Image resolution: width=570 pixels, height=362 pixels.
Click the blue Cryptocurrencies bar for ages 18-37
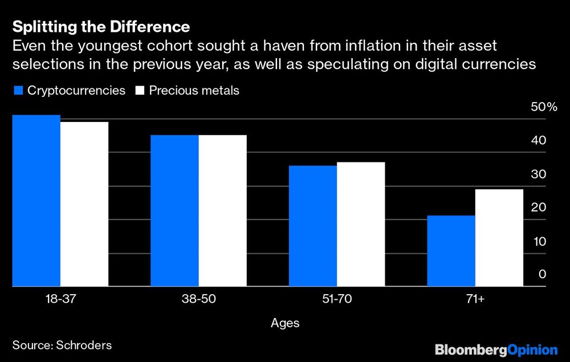36,201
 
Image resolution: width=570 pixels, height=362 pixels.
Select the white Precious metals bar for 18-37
84,204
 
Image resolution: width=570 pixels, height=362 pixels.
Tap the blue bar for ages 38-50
174,210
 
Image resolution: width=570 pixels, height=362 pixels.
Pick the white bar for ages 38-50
222,210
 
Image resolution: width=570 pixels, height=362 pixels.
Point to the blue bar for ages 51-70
312,226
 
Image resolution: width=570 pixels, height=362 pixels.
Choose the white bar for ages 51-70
361,224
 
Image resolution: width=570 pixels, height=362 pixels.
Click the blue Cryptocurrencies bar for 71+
451,251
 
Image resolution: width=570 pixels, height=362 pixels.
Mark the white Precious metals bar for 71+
499,238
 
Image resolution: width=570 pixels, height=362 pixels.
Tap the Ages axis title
284,323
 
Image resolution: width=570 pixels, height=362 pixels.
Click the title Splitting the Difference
101,27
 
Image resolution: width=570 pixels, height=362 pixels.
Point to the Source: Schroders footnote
62,345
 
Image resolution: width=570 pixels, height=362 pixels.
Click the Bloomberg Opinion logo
496,349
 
